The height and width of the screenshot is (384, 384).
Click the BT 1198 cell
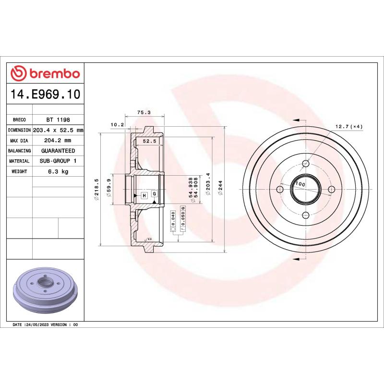tap(58, 120)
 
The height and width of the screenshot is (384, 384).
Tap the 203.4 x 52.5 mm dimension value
tap(58, 130)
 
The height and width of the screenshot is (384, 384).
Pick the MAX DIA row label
tap(19, 141)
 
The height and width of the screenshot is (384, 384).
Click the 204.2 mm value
tap(58, 141)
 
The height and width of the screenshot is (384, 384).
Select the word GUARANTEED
tap(58, 151)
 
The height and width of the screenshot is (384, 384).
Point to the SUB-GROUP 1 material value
tap(58, 161)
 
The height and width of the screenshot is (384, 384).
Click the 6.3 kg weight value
tap(58, 171)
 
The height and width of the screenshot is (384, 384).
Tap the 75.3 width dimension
tap(144, 112)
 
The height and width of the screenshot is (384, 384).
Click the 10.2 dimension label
tap(117, 125)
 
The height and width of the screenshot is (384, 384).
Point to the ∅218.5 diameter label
tap(97, 189)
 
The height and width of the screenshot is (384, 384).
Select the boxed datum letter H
tap(144, 195)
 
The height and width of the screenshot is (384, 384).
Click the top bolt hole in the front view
tap(305, 164)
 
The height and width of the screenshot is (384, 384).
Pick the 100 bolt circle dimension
tap(300, 184)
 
